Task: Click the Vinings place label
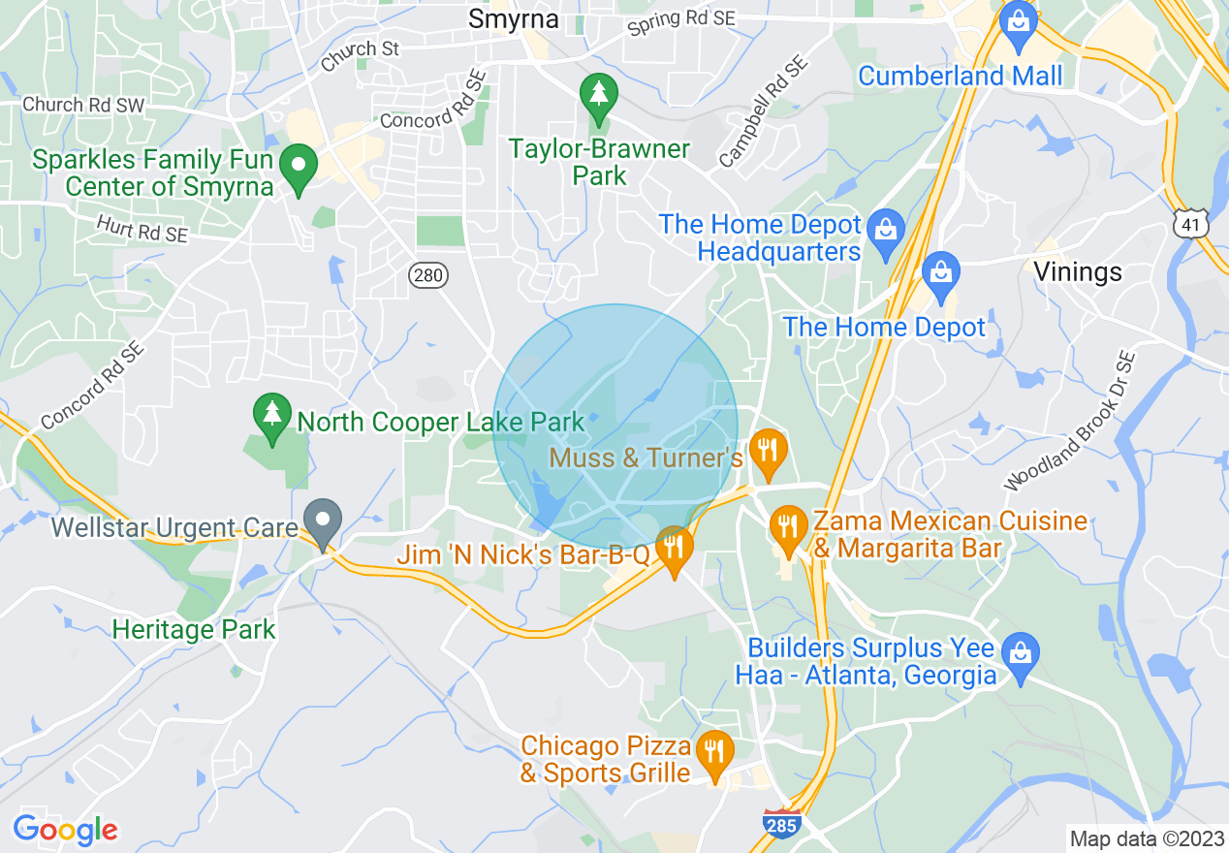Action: click(1078, 271)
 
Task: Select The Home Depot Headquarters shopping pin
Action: click(885, 232)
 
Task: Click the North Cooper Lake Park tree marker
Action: click(272, 417)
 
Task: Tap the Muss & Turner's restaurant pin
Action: click(767, 452)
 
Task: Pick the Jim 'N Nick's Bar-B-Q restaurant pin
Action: click(674, 549)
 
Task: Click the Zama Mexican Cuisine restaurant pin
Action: click(788, 529)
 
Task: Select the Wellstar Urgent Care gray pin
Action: click(323, 522)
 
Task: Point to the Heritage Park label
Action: click(194, 629)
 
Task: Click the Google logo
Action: click(65, 830)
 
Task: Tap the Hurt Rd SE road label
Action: click(142, 229)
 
